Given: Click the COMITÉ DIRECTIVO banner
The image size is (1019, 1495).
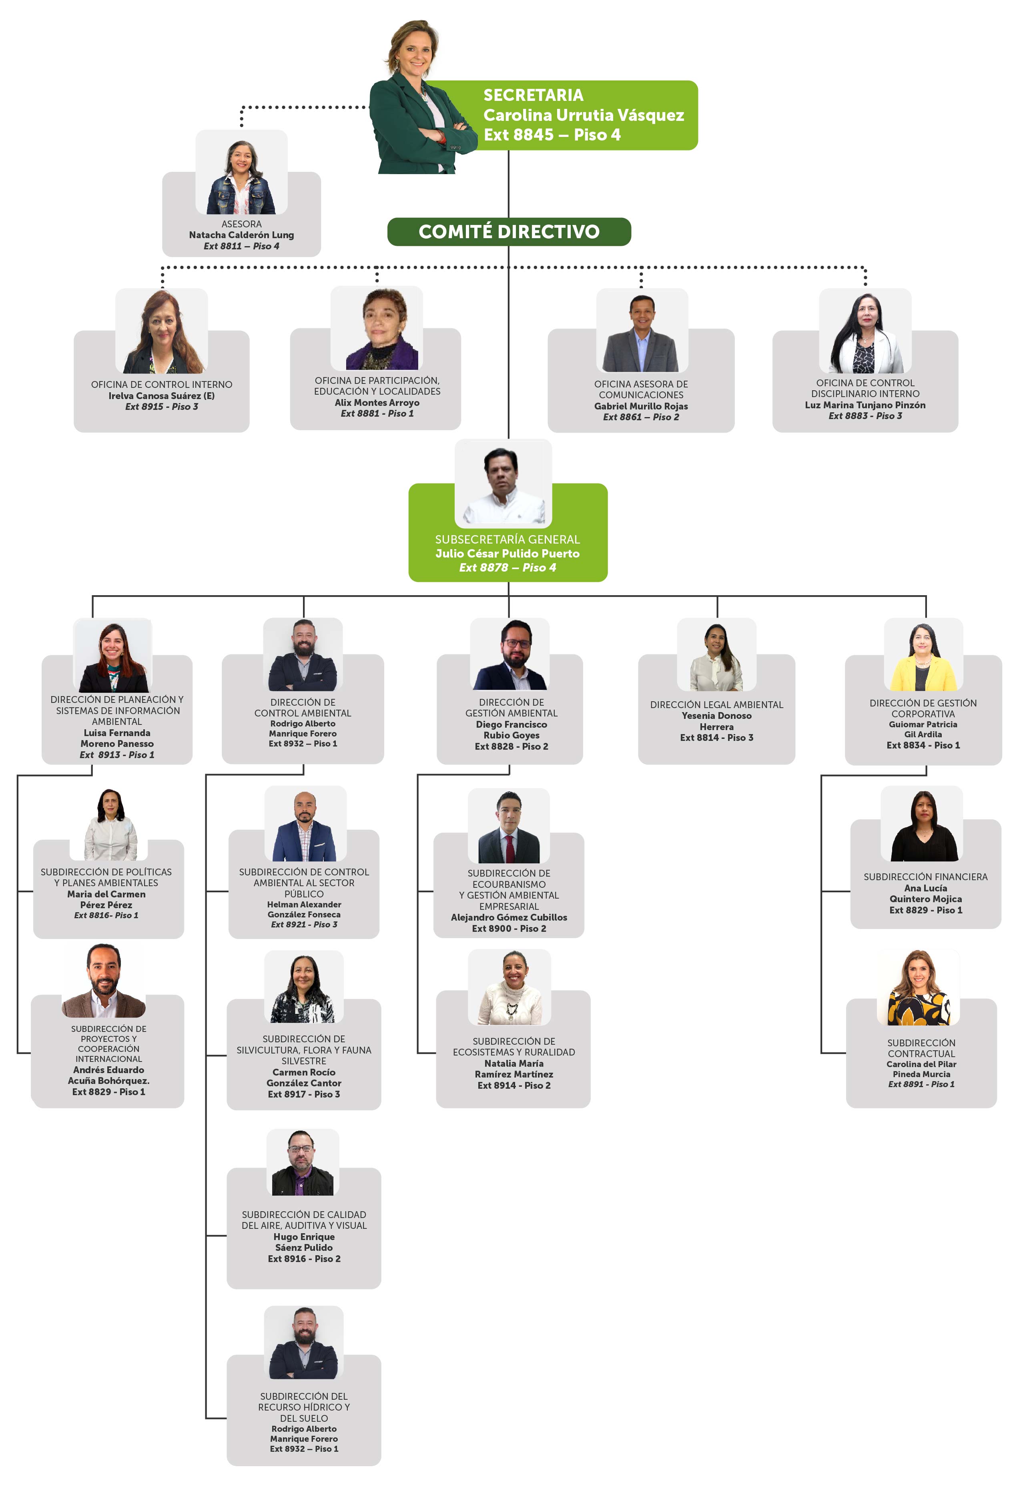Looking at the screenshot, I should coord(508,232).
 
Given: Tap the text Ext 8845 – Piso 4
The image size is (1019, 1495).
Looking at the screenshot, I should coord(552,135).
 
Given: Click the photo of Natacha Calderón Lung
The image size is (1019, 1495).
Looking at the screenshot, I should coord(241,175).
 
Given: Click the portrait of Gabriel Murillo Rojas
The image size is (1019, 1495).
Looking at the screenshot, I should coord(642,332).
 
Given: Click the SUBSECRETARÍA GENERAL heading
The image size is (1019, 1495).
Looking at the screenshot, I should coord(507,540).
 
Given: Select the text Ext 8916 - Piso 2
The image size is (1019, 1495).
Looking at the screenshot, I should coord(304,1259).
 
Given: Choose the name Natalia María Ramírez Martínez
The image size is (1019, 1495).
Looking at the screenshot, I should coord(514,1069).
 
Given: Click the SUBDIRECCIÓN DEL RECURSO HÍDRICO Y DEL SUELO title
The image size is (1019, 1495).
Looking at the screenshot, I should coord(304,1407).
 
